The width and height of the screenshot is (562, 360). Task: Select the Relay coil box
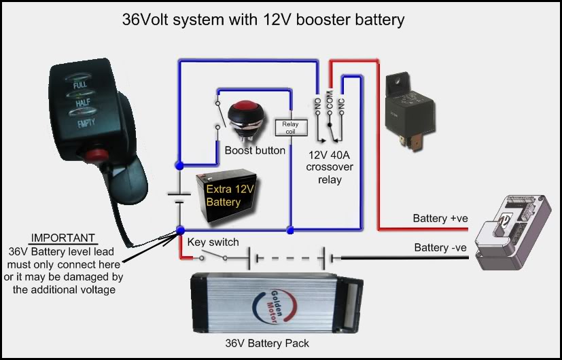[290, 127]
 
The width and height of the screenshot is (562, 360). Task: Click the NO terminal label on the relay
[317, 105]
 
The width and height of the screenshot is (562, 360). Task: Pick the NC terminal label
[341, 105]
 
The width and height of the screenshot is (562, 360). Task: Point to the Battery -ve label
[440, 248]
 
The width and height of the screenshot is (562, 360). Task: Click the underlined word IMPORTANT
[64, 238]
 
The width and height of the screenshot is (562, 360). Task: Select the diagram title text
[263, 19]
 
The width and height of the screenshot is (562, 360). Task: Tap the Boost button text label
[255, 150]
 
